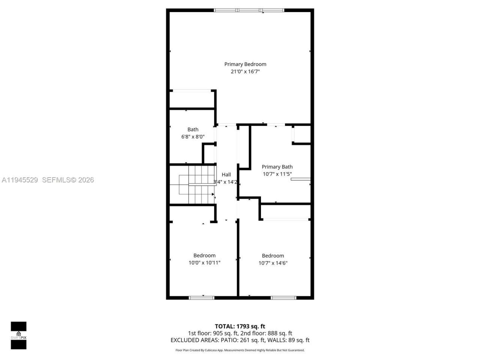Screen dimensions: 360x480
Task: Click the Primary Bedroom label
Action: (x=245, y=64)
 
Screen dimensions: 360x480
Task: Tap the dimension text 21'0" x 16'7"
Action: (x=245, y=72)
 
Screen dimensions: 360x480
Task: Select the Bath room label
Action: (x=193, y=129)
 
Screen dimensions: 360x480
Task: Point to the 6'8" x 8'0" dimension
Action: (x=193, y=137)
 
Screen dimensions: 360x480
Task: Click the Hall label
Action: (x=226, y=174)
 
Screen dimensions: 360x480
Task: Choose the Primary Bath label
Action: (x=277, y=167)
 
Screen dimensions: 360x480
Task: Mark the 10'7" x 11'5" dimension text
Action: (x=277, y=174)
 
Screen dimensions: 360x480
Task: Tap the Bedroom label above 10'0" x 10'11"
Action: (x=204, y=255)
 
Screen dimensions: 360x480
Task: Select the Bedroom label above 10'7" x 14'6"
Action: (x=273, y=256)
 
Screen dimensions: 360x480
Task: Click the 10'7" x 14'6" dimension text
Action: (x=273, y=263)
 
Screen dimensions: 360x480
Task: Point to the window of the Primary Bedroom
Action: (x=249, y=10)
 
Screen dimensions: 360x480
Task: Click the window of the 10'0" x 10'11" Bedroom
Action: (x=201, y=298)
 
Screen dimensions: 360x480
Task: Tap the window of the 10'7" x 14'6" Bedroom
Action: (x=283, y=298)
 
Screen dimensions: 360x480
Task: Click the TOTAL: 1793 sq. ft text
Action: (x=240, y=326)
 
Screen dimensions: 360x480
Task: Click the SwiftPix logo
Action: (x=18, y=335)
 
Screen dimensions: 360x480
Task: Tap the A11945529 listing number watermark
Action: (x=19, y=180)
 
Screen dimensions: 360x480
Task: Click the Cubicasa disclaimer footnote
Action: (x=240, y=350)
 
